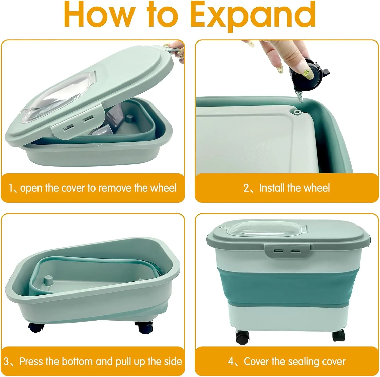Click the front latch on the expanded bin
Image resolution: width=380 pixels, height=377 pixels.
click(288, 251)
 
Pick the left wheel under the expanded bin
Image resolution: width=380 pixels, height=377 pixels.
click(242, 337)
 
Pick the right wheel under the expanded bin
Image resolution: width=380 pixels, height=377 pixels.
click(339, 335)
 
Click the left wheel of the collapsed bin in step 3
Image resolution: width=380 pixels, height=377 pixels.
click(36, 328)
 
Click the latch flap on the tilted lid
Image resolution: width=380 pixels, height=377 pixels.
click(77, 121)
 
